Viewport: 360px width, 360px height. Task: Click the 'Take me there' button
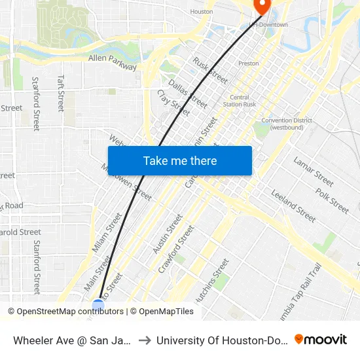pyautogui.click(x=180, y=160)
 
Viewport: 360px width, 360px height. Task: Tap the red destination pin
pyautogui.click(x=262, y=7)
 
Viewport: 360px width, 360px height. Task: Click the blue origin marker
pyautogui.click(x=98, y=305)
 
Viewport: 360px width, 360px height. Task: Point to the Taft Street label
pyautogui.click(x=61, y=92)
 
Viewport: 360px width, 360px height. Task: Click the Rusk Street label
pyautogui.click(x=210, y=70)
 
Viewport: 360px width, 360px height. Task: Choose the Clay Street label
pyautogui.click(x=173, y=104)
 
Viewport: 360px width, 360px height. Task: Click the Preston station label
pyautogui.click(x=249, y=63)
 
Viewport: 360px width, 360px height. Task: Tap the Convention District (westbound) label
pyautogui.click(x=287, y=124)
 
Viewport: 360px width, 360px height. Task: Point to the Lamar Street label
pyautogui.click(x=314, y=171)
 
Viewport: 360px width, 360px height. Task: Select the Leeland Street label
pyautogui.click(x=293, y=202)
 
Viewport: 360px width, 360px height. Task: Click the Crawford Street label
pyautogui.click(x=176, y=249)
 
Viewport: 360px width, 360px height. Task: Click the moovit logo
pyautogui.click(x=320, y=339)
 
